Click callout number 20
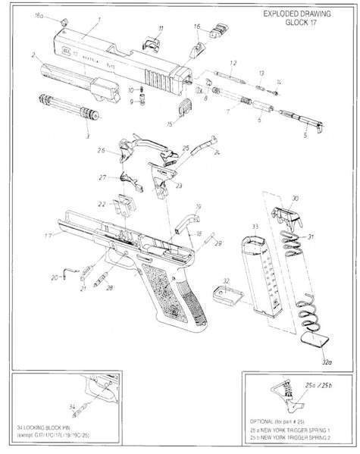(x=54, y=278)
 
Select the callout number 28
(x=110, y=288)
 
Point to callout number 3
(x=86, y=136)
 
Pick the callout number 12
(x=233, y=61)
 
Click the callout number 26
(x=100, y=151)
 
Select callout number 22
(x=101, y=205)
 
